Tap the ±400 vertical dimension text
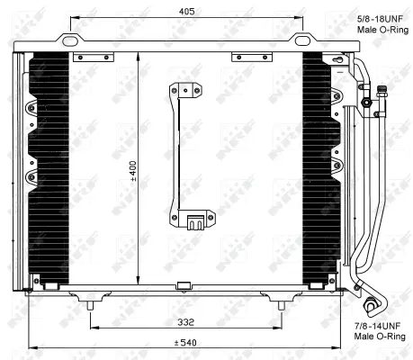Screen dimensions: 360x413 tap(132, 171)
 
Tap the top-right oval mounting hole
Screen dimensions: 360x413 tap(301, 40)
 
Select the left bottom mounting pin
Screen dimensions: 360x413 tap(89, 305)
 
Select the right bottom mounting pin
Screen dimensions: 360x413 tap(285, 305)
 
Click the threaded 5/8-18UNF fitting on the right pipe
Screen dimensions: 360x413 tap(367, 102)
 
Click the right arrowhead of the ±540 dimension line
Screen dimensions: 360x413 tap(341, 349)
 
